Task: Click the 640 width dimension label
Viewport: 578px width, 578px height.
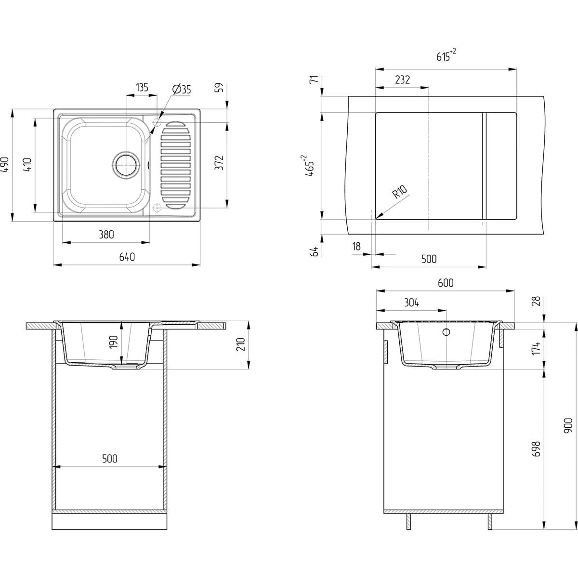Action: (x=127, y=257)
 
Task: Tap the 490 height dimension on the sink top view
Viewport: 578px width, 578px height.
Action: (x=6, y=165)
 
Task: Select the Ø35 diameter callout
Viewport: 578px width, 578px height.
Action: (x=182, y=89)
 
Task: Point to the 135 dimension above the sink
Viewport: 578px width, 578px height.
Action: (x=142, y=88)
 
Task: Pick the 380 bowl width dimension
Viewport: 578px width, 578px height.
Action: (x=106, y=234)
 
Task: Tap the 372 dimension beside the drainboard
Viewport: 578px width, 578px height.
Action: (x=219, y=163)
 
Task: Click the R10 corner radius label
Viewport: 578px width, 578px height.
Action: (x=400, y=192)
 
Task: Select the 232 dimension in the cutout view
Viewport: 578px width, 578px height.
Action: (x=402, y=80)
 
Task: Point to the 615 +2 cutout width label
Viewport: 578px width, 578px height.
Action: (x=446, y=55)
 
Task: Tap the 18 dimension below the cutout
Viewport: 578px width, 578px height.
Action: (x=356, y=247)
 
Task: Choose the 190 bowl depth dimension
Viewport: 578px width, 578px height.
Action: (x=113, y=342)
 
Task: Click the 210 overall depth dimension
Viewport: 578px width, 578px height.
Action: (x=241, y=344)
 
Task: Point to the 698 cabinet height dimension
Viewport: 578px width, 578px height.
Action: (x=536, y=449)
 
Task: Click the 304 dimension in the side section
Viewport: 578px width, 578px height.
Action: (x=411, y=302)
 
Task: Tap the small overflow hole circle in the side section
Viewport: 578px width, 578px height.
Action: (x=447, y=332)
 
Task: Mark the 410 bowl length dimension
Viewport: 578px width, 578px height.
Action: (x=27, y=165)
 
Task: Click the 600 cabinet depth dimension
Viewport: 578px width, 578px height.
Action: (x=446, y=283)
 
